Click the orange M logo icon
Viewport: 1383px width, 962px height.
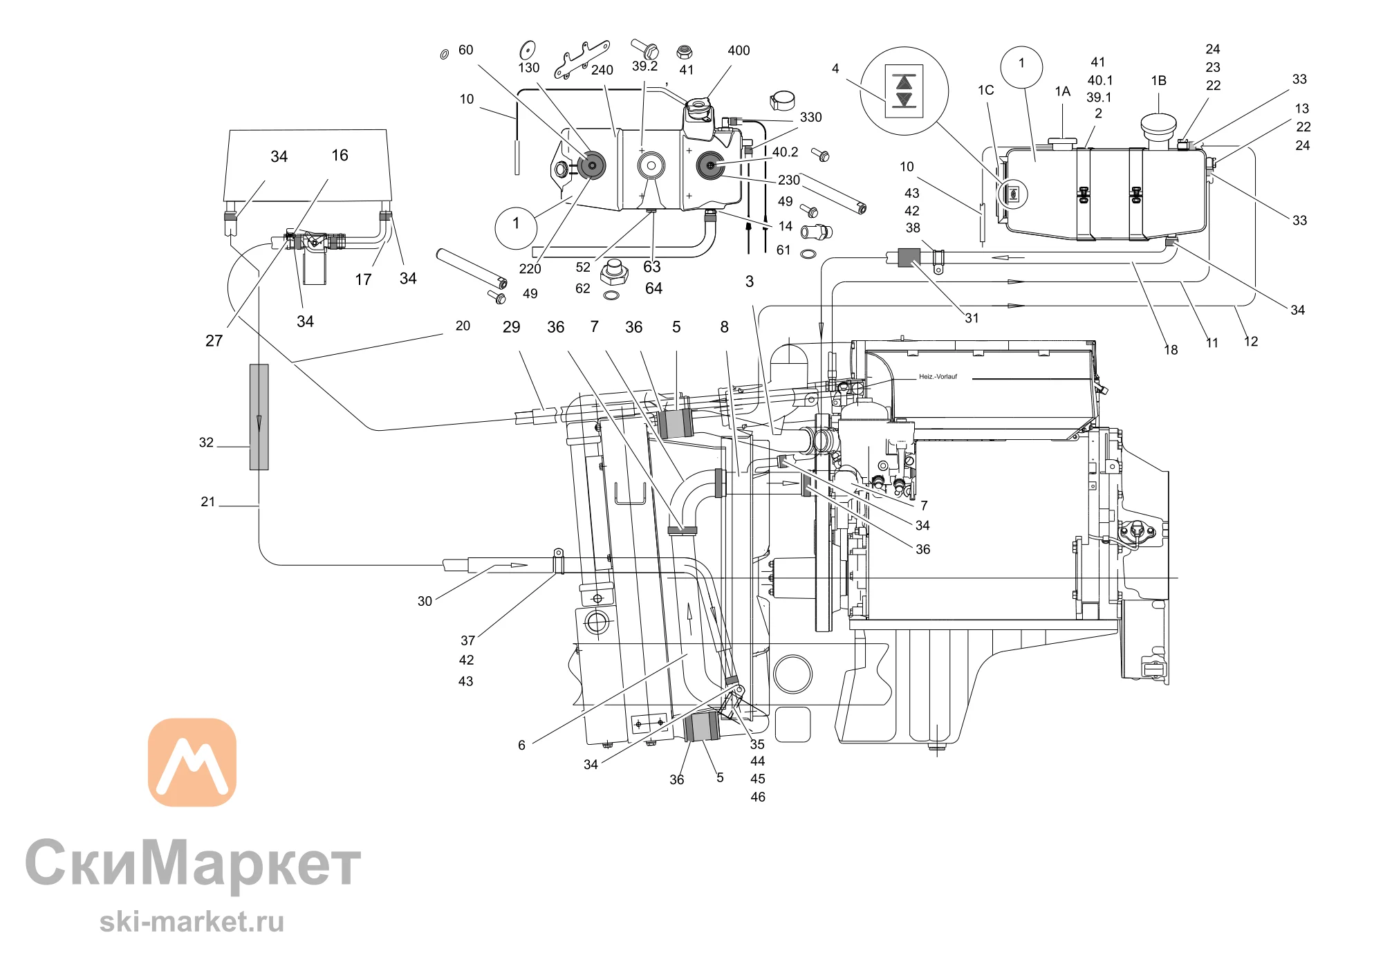pos(192,762)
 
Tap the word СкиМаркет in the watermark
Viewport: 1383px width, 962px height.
pos(194,864)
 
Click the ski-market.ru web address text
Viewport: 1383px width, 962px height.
pos(192,922)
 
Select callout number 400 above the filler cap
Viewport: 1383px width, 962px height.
pos(739,50)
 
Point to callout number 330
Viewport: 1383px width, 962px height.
pos(810,118)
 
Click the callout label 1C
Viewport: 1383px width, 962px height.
pos(985,90)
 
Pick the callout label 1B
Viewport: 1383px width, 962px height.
pos(1158,81)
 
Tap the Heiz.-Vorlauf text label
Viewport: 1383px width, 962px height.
pos(938,377)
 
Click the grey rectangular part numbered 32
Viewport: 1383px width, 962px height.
pos(259,417)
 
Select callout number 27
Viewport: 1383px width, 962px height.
pos(214,340)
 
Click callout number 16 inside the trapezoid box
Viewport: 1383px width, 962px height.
pos(340,155)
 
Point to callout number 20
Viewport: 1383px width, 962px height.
pos(463,326)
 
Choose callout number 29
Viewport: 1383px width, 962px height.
pos(511,327)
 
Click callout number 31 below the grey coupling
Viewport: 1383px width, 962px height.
pos(972,318)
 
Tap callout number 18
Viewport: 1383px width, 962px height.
pos(1171,350)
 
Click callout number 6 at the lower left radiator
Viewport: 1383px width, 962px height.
pos(521,745)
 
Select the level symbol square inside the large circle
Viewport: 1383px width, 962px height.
pos(904,91)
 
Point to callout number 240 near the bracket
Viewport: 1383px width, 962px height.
pos(602,70)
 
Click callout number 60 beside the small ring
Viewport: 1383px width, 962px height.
pos(465,50)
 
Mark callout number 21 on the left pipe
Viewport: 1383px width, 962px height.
pos(208,501)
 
